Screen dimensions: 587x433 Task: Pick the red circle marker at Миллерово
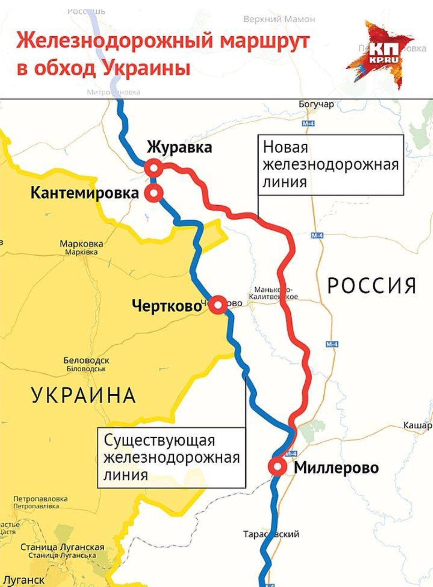[x=277, y=466]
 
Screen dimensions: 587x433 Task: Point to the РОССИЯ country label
[x=372, y=285]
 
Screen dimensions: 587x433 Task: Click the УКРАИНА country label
[x=83, y=395]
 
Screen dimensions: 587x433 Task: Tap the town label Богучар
[x=316, y=104]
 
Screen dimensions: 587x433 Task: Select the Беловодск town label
[x=86, y=360]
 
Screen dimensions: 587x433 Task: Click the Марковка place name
[x=81, y=244]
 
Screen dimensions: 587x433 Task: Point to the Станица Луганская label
[x=62, y=547]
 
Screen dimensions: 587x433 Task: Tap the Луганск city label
[x=23, y=580]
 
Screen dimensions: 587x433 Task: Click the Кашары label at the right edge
[x=418, y=425]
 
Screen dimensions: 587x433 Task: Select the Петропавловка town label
[x=40, y=499]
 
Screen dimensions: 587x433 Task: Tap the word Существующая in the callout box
[x=159, y=440]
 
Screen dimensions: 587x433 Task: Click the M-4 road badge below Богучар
[x=308, y=123]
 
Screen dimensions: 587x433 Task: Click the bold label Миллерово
[x=336, y=467]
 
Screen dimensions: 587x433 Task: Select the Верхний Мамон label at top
[x=279, y=19]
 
